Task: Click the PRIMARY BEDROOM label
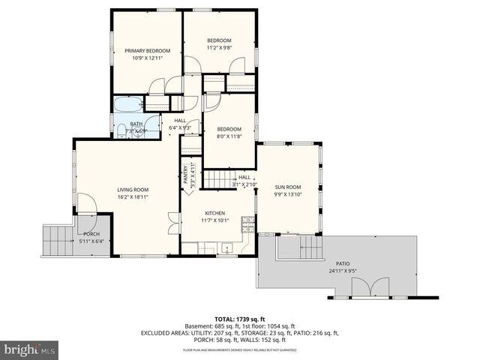click(147, 50)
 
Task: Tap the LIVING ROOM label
click(132, 190)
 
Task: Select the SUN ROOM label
click(287, 187)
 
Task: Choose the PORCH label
click(91, 234)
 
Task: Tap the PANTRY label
click(185, 174)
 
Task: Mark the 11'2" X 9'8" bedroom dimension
click(219, 48)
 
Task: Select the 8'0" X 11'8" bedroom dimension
click(229, 136)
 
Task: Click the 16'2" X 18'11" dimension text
click(132, 197)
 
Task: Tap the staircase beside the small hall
click(219, 179)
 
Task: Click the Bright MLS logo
click(30, 349)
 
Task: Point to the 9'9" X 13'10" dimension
click(287, 194)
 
